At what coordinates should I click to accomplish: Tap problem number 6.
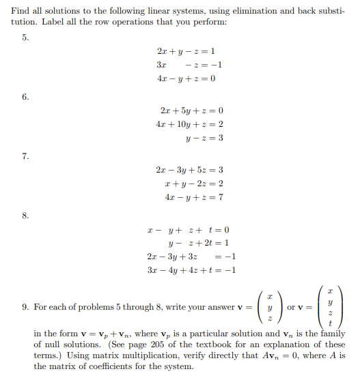pyautogui.click(x=25, y=97)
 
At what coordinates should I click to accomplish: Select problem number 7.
pyautogui.click(x=25, y=156)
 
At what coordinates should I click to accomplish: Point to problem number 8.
pyautogui.click(x=25, y=216)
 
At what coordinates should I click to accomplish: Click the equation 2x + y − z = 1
pyautogui.click(x=186, y=51)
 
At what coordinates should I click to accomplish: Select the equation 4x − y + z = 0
pyautogui.click(x=186, y=78)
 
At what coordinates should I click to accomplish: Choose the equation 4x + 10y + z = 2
pyautogui.click(x=189, y=124)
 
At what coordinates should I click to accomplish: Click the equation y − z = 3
pyautogui.click(x=204, y=138)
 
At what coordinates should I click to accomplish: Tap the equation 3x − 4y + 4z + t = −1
pyautogui.click(x=191, y=270)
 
